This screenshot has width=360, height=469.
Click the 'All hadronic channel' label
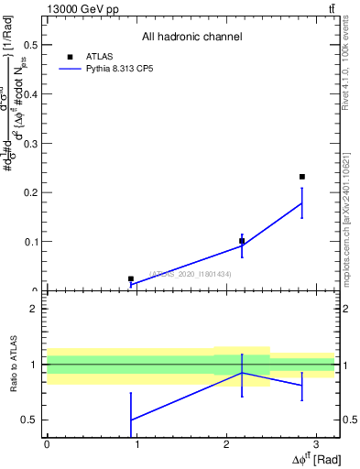191,38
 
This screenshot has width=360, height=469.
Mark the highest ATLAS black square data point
301,177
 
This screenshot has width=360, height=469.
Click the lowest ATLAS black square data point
131,278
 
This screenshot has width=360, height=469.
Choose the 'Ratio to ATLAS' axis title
12,365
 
